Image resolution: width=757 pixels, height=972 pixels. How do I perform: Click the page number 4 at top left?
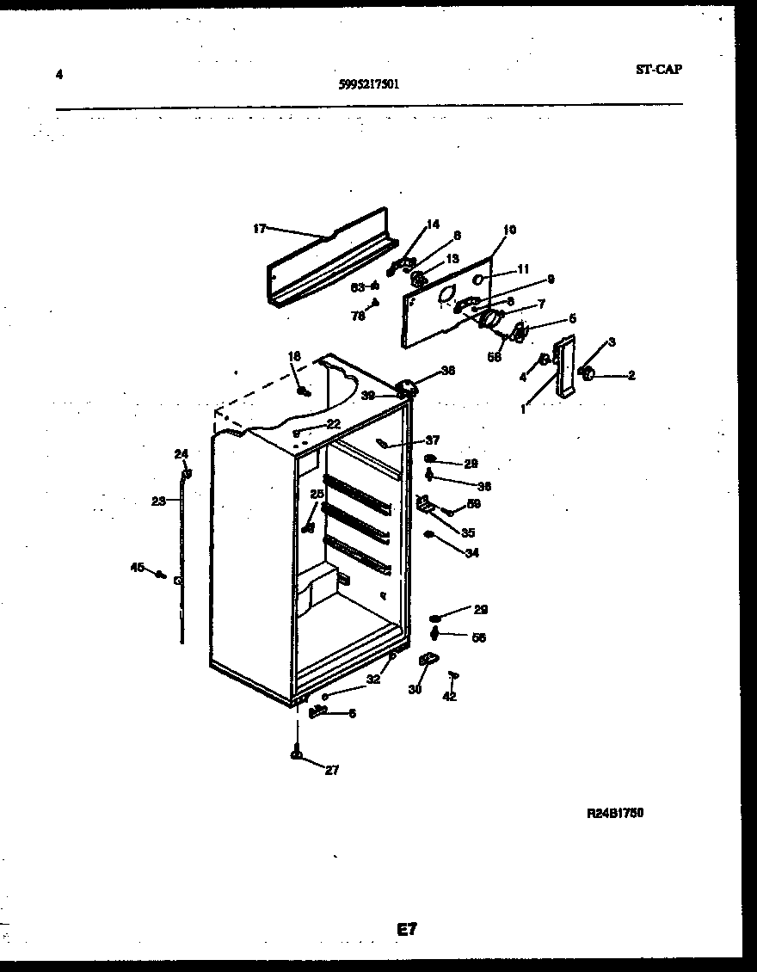coord(58,74)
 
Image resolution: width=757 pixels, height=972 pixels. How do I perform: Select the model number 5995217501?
coord(368,84)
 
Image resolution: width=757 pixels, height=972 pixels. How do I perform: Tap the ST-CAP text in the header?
coord(658,70)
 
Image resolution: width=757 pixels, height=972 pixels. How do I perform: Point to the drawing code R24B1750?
coord(615,812)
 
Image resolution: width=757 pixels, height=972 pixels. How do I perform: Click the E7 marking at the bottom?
coord(407,929)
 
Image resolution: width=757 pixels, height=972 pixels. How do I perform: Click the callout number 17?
coord(259,229)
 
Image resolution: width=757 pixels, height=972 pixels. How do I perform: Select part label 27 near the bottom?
coord(332,771)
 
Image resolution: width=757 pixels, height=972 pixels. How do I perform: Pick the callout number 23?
coord(158,501)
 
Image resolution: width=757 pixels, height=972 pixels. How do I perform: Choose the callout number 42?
coord(449,696)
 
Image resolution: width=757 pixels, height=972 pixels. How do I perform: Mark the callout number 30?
coord(415,690)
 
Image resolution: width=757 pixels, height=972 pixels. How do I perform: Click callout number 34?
coord(471,553)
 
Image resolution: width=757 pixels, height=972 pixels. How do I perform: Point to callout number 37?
coord(432,440)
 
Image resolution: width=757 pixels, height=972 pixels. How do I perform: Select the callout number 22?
coord(333,424)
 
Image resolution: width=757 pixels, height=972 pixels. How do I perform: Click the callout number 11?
coord(523,268)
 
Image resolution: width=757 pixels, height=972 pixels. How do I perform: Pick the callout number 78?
coord(358,316)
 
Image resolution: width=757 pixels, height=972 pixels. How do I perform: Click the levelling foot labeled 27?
coord(297,755)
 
